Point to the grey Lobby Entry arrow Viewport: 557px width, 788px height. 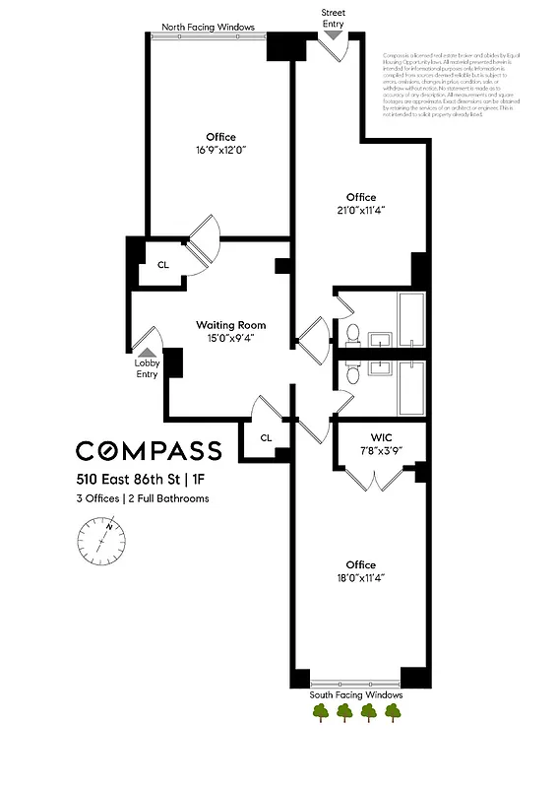click(x=147, y=351)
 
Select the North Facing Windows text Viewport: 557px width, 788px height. click(x=209, y=27)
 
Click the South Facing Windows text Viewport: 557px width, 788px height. click(x=356, y=694)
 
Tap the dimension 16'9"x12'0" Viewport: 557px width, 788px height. click(x=221, y=151)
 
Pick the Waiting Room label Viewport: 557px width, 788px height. click(x=230, y=325)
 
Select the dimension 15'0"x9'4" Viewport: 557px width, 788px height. click(x=230, y=339)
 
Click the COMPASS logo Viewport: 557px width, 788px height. click(x=149, y=451)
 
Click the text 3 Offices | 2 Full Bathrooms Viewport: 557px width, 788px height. click(x=143, y=498)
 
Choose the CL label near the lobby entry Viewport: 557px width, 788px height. click(x=163, y=264)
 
